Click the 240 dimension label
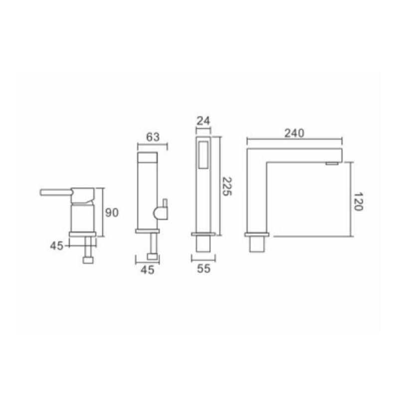pyautogui.click(x=294, y=133)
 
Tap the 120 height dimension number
pyautogui.click(x=358, y=202)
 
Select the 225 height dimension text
pyautogui.click(x=227, y=186)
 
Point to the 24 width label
pyautogui.click(x=203, y=121)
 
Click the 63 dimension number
pyautogui.click(x=153, y=137)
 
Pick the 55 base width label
pyautogui.click(x=203, y=268)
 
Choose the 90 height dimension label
pyautogui.click(x=112, y=212)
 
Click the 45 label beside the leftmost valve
pyautogui.click(x=56, y=246)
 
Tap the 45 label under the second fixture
pyautogui.click(x=147, y=270)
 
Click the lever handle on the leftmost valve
pyautogui.click(x=56, y=192)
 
